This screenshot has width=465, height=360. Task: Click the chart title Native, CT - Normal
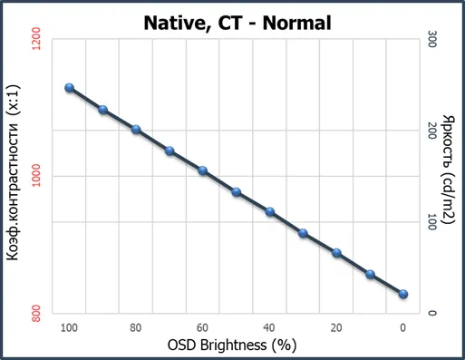pyautogui.click(x=237, y=24)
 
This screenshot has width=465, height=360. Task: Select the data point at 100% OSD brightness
pyautogui.click(x=70, y=88)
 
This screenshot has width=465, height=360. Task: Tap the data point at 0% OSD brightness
pyautogui.click(x=403, y=294)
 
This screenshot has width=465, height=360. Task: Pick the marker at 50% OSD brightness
pyautogui.click(x=237, y=192)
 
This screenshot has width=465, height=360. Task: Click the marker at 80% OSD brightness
pyautogui.click(x=136, y=130)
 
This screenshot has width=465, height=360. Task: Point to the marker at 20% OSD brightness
pyautogui.click(x=336, y=253)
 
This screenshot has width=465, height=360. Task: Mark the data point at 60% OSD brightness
pyautogui.click(x=203, y=170)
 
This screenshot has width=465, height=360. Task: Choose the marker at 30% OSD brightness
pyautogui.click(x=303, y=233)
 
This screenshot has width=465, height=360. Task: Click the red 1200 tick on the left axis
pyautogui.click(x=36, y=39)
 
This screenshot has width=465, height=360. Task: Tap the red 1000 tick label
pyautogui.click(x=36, y=176)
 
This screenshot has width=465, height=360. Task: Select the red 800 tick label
pyautogui.click(x=36, y=314)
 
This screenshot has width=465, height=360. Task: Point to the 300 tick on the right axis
pyautogui.click(x=431, y=39)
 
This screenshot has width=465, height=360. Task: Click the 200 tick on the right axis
pyautogui.click(x=431, y=131)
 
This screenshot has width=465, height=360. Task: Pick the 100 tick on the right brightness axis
pyautogui.click(x=431, y=222)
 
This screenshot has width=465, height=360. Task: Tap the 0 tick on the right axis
pyautogui.click(x=431, y=313)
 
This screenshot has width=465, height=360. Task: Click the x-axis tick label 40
pyautogui.click(x=269, y=328)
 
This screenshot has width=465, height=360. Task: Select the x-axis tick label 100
pyautogui.click(x=69, y=328)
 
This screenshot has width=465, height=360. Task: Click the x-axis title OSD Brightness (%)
pyautogui.click(x=232, y=345)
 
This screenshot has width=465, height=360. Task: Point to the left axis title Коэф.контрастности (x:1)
pyautogui.click(x=14, y=172)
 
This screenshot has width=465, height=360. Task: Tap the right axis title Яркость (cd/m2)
pyautogui.click(x=449, y=170)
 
